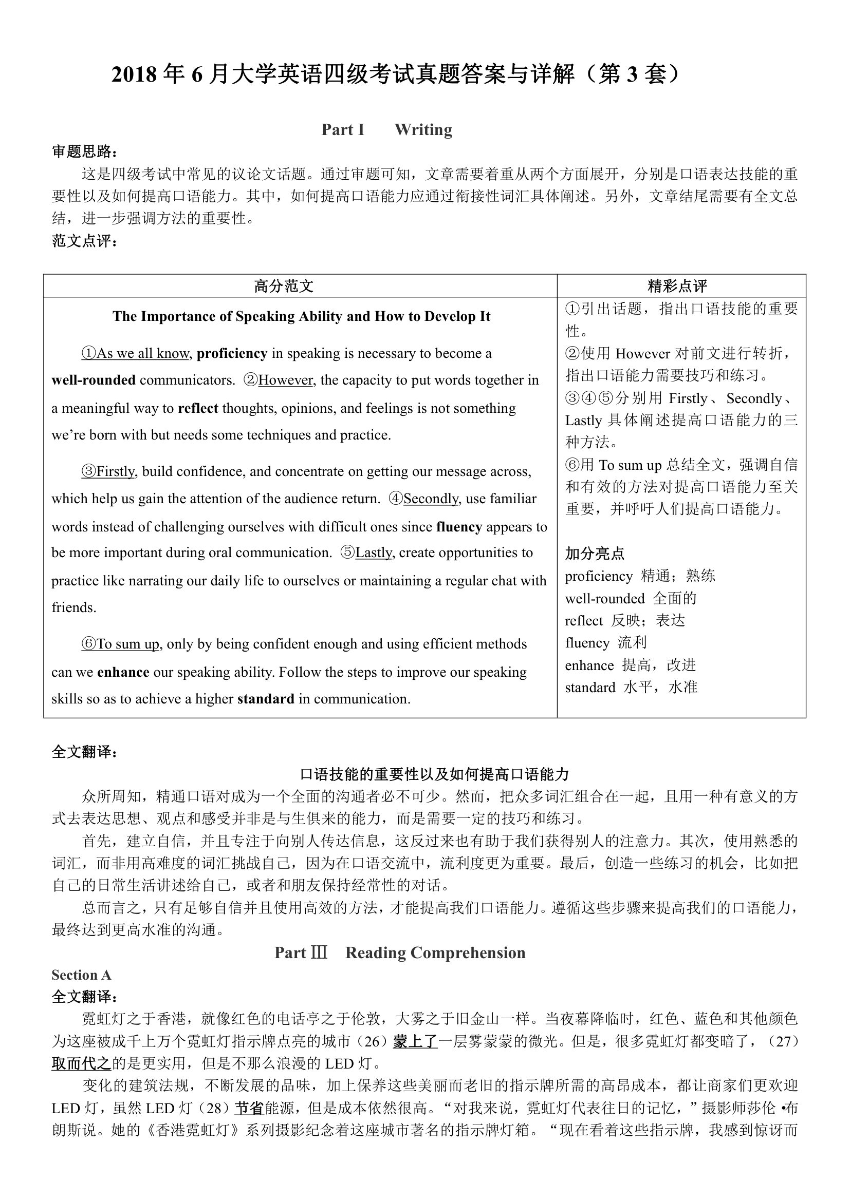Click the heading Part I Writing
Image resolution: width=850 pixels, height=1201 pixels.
tap(387, 129)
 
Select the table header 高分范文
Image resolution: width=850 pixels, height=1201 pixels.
tap(284, 285)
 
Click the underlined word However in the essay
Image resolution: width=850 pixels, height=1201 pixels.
tap(286, 380)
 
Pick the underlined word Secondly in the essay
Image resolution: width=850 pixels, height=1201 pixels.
tap(431, 499)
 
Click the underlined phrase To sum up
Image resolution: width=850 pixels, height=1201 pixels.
tap(128, 644)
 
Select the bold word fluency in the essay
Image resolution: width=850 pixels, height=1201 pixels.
tap(459, 527)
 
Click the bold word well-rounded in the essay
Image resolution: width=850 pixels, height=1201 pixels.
tap(94, 380)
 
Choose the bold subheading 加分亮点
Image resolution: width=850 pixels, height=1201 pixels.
tap(595, 554)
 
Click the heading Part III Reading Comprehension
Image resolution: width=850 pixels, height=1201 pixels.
tap(400, 952)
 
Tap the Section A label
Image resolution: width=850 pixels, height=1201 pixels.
tap(81, 975)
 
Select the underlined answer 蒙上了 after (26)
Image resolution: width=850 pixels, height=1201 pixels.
tap(415, 1041)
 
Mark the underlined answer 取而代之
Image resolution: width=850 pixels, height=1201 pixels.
tap(81, 1063)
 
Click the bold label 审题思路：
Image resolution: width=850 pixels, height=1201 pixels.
tap(85, 151)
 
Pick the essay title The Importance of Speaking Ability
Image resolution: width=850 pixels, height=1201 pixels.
tap(302, 316)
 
